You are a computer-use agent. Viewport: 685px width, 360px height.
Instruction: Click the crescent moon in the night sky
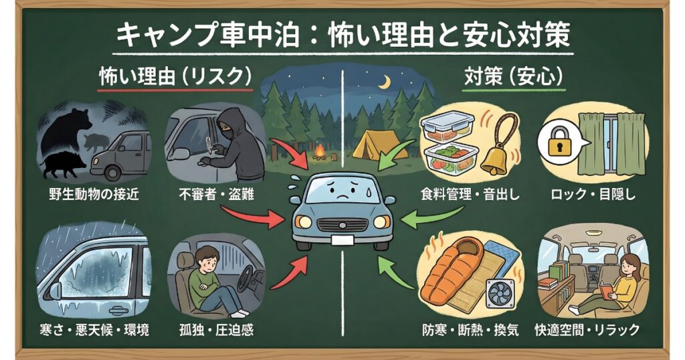[385, 82]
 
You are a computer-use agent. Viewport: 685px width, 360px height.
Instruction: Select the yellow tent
[380, 144]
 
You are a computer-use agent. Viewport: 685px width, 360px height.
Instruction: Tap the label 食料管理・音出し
[470, 195]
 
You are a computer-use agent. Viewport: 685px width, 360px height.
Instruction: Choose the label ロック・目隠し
[592, 195]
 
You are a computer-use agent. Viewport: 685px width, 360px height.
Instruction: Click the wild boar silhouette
[64, 163]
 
